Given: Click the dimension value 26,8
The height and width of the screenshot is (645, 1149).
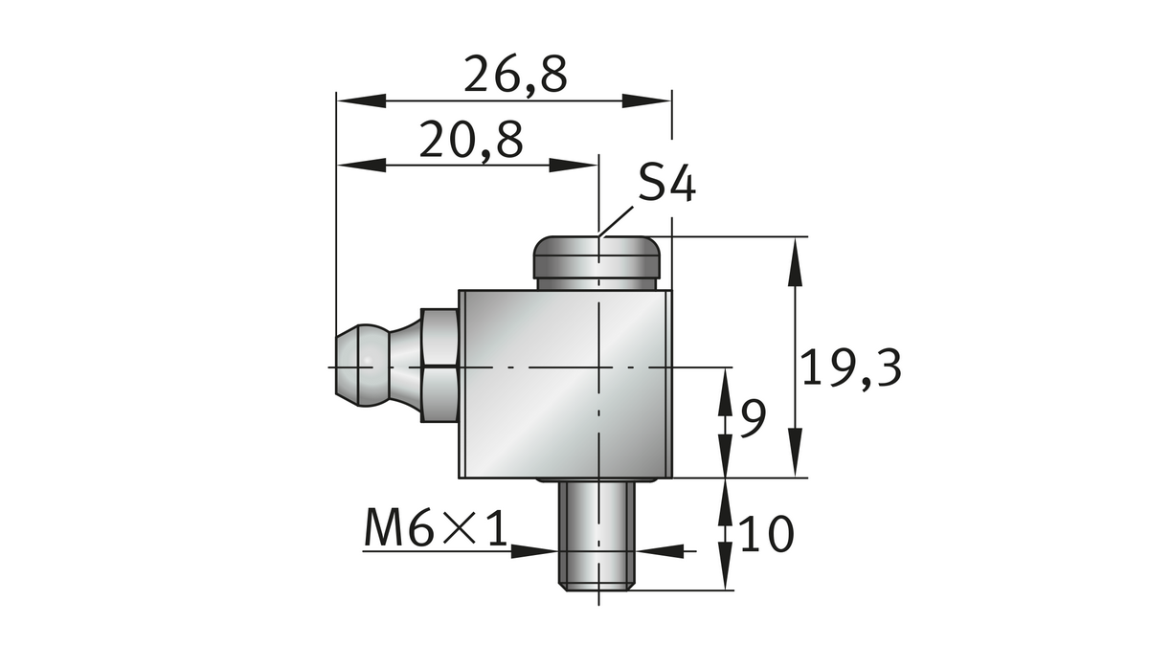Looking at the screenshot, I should pos(515,76).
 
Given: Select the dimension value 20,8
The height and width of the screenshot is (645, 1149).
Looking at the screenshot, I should pos(471,142).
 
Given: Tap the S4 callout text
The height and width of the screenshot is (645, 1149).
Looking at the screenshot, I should pos(666,183).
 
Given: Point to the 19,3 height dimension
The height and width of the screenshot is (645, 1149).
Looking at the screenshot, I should pos(851,368).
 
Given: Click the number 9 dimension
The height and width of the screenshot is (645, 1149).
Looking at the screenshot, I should pos(754,419).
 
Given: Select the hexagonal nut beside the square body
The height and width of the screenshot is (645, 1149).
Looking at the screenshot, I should pos(439,366).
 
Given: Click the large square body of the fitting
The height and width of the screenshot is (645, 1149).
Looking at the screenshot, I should pos(565,384).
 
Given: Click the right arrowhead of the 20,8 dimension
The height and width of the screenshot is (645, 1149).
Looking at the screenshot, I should pos(575,166).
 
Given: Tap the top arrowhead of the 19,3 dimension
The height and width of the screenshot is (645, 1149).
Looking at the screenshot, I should pos(795,260).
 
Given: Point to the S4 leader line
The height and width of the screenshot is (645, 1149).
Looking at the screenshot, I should pos(619,218).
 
